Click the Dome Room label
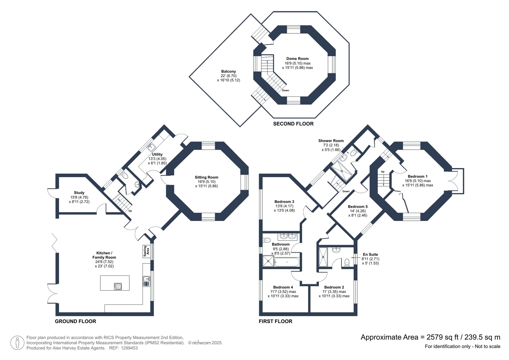pos(297,59)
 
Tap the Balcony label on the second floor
pos(228,72)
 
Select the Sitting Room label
pos(206,177)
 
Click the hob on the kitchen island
pos(118,286)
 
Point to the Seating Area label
pos(146,251)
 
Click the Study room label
pos(79,193)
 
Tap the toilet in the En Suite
pos(347,262)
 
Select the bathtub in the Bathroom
pos(287,262)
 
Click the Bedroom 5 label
pos(358,206)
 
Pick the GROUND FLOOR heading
pos(76,321)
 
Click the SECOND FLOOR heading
pos(293,124)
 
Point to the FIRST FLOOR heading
pos(275,321)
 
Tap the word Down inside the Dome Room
pos(286,90)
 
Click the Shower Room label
pos(331,141)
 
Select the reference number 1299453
pos(129,348)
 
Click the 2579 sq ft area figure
pos(442,337)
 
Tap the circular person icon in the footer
pos(17,343)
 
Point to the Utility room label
pos(157,154)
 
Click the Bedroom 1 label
pos(417,176)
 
